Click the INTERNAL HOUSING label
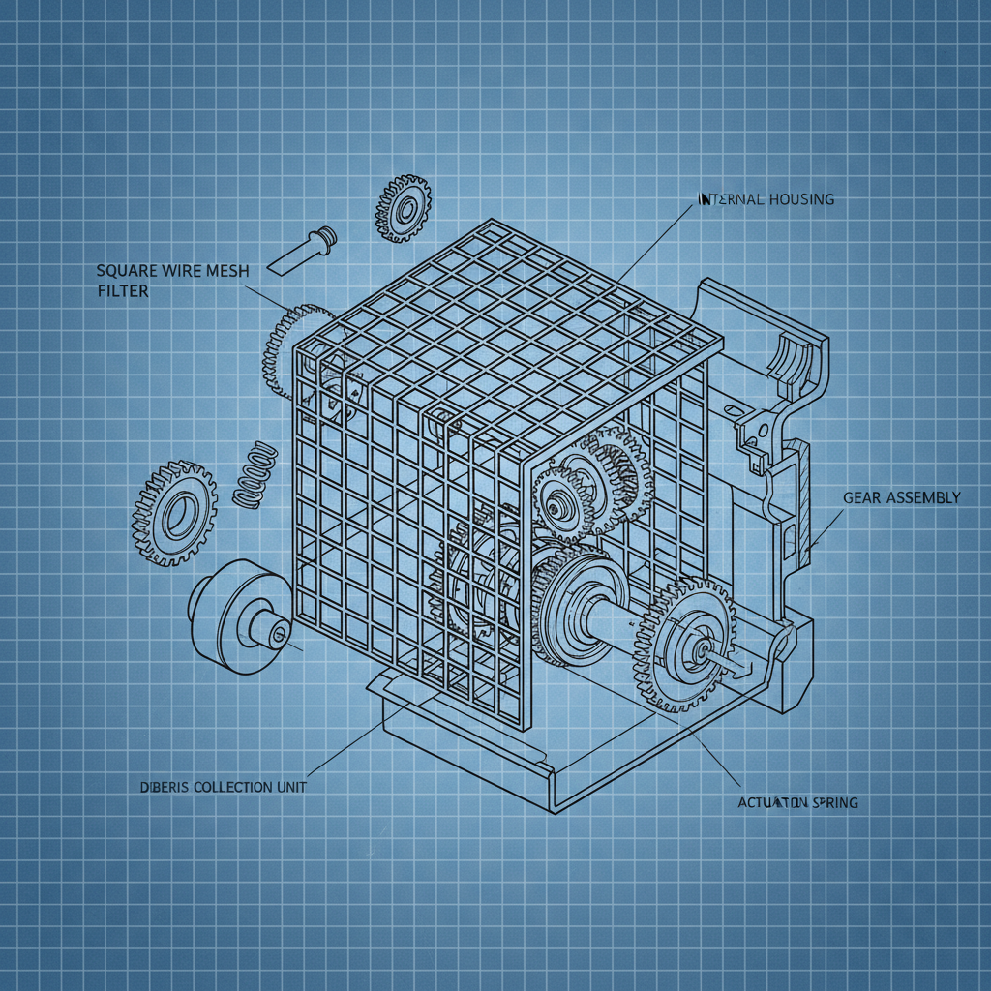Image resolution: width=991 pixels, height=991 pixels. tap(766, 199)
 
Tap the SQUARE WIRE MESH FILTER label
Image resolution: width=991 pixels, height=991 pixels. tap(172, 281)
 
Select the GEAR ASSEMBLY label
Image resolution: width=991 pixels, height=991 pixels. tap(902, 497)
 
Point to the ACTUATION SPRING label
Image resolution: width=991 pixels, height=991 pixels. tap(797, 802)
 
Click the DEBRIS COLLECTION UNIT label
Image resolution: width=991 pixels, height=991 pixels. tap(218, 787)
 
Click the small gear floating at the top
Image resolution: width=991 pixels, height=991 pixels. tap(403, 208)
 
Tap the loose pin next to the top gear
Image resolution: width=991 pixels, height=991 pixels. tap(303, 249)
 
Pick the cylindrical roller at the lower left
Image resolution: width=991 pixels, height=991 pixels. tap(237, 614)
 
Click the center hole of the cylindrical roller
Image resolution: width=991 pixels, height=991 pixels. tap(278, 634)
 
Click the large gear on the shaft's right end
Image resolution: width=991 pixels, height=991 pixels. tap(685, 646)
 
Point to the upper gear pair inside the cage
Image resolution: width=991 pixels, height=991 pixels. tap(586, 484)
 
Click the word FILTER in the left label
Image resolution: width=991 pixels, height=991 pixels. tap(123, 290)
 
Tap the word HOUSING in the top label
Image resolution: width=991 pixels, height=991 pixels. tap(799, 199)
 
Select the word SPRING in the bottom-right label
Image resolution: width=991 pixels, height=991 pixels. tap(834, 802)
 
